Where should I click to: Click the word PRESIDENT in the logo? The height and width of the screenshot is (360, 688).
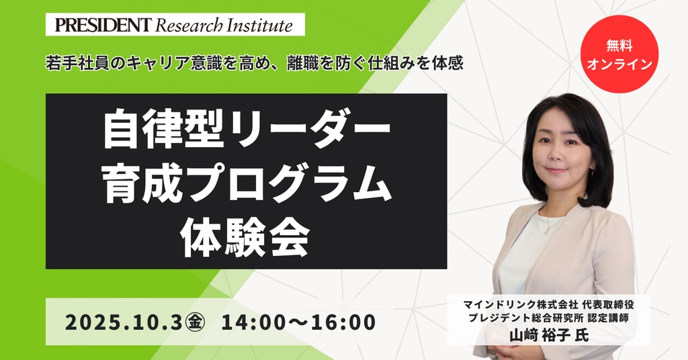tap(103, 25)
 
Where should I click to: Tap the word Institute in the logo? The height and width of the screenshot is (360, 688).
tap(259, 25)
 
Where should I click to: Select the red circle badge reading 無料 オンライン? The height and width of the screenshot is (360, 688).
tap(619, 54)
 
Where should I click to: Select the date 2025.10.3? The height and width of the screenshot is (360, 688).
tap(124, 323)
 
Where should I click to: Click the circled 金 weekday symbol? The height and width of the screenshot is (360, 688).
tap(195, 323)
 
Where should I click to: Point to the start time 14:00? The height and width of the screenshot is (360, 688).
tap(253, 323)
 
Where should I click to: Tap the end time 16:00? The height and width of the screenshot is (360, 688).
tap(343, 323)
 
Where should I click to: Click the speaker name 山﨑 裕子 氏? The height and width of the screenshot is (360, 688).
tap(549, 335)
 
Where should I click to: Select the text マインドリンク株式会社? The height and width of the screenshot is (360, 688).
tap(520, 304)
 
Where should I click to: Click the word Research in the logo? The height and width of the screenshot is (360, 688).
tap(189, 25)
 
